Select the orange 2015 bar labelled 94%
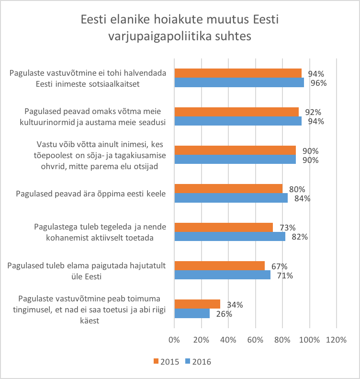click(238, 73)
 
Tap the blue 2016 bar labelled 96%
click(239, 82)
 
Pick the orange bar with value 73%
click(224, 227)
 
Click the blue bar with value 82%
click(230, 236)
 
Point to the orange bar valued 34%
click(197, 304)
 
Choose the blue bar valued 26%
click(192, 313)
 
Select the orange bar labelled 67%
click(220, 265)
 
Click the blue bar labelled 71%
click(223, 275)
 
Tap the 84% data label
click(303, 198)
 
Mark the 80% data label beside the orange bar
click(297, 189)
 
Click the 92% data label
click(313, 112)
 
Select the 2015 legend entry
click(167, 362)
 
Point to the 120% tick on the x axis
click(336, 340)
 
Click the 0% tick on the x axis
click(174, 340)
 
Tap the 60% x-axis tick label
click(255, 340)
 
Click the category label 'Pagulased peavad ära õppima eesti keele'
click(90, 194)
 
